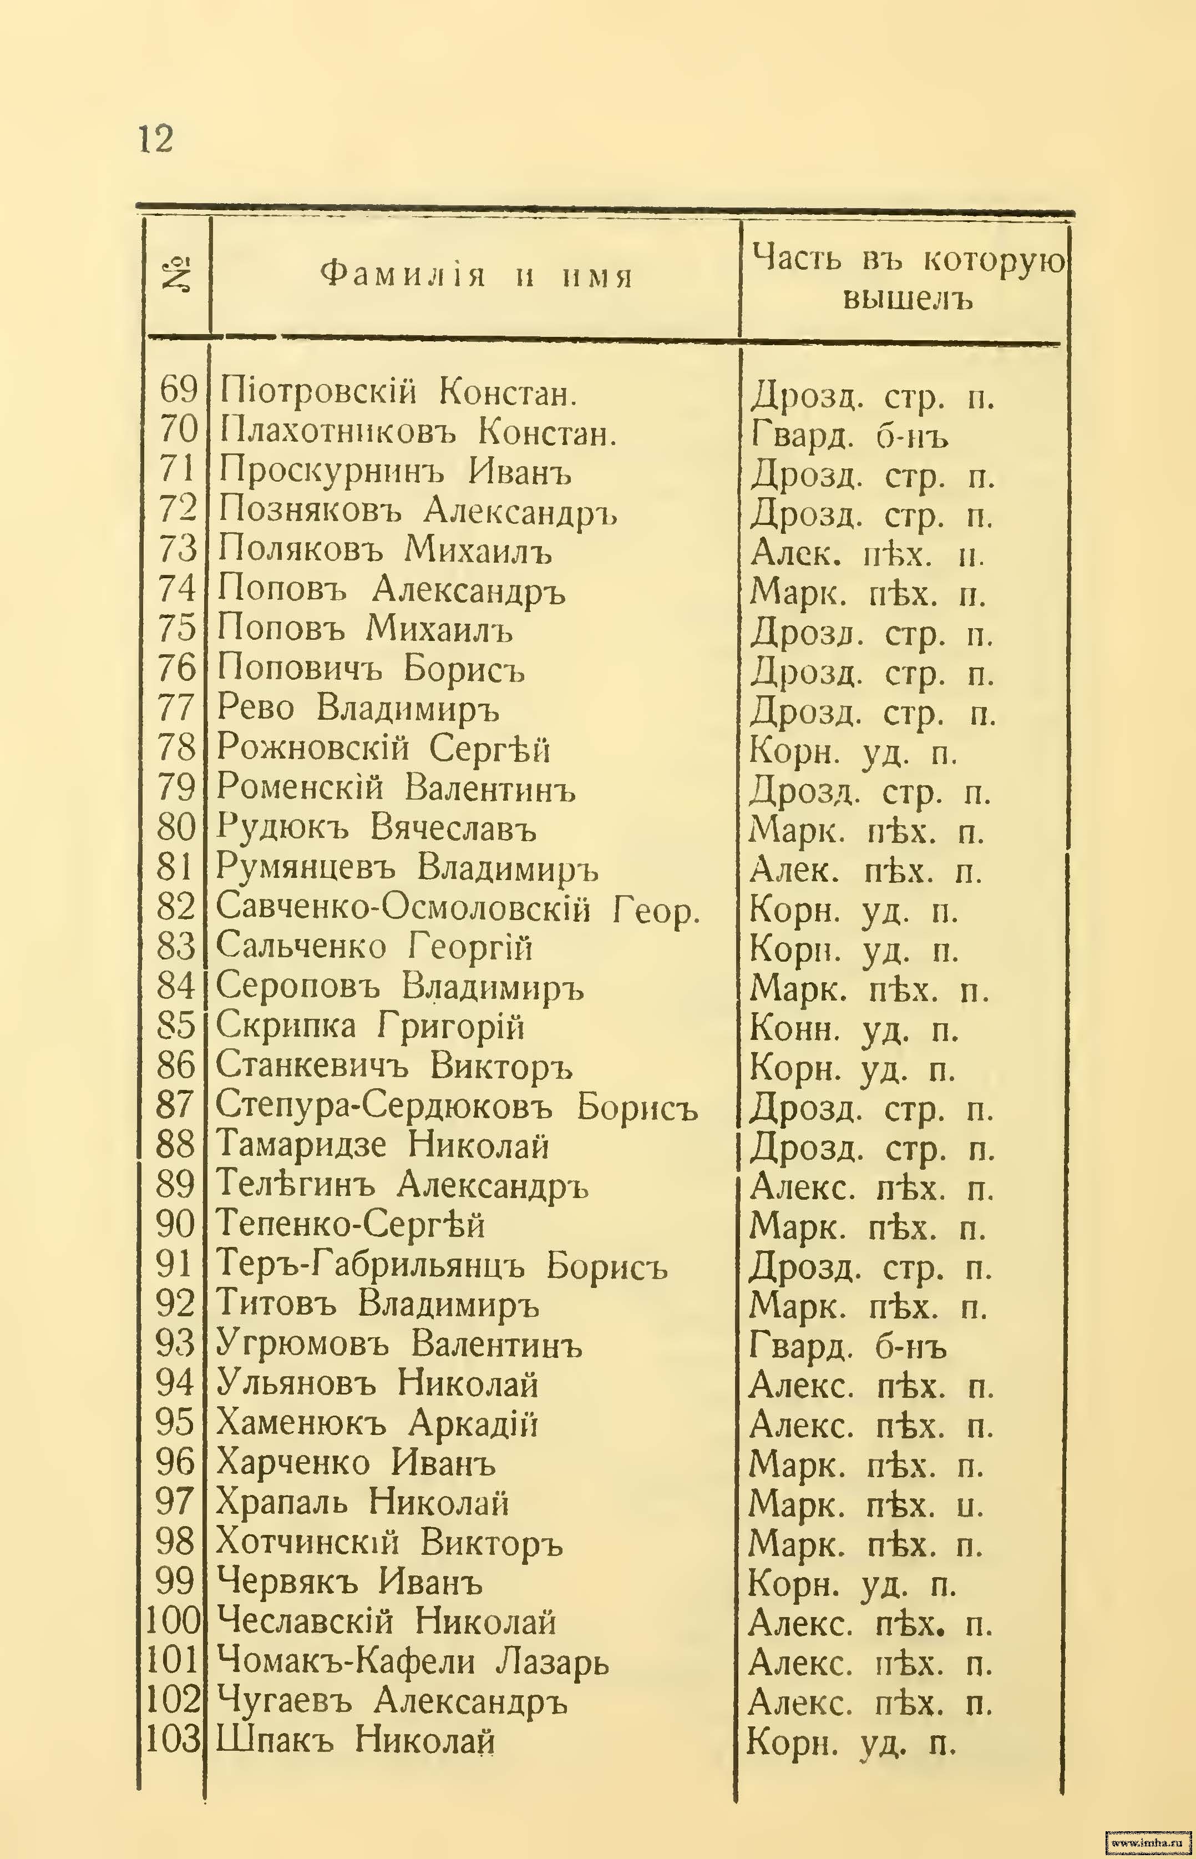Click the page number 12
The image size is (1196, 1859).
click(x=156, y=140)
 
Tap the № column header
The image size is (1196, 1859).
click(x=177, y=276)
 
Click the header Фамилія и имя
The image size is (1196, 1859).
click(x=476, y=275)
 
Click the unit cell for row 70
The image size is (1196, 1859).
click(x=850, y=435)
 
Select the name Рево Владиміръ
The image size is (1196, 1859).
click(x=357, y=708)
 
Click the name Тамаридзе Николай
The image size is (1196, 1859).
click(x=382, y=1145)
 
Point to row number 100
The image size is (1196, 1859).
click(x=173, y=1621)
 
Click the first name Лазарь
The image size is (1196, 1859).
click(x=552, y=1661)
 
